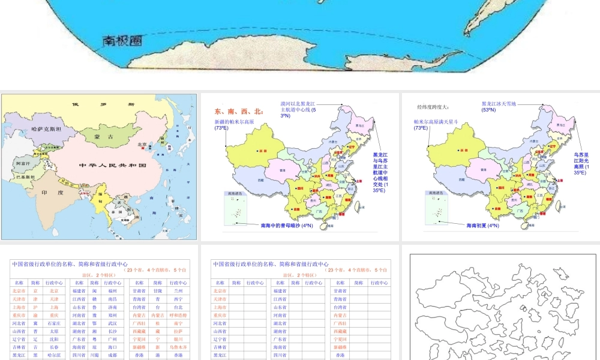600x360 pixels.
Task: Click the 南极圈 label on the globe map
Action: click(x=122, y=40)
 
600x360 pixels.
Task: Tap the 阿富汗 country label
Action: click(x=22, y=163)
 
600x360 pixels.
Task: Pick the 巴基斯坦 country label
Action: click(x=26, y=177)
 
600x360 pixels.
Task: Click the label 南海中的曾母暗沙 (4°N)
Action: click(x=287, y=226)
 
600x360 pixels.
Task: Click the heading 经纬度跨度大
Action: click(x=433, y=107)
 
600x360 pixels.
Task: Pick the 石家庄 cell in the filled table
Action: click(x=54, y=323)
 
